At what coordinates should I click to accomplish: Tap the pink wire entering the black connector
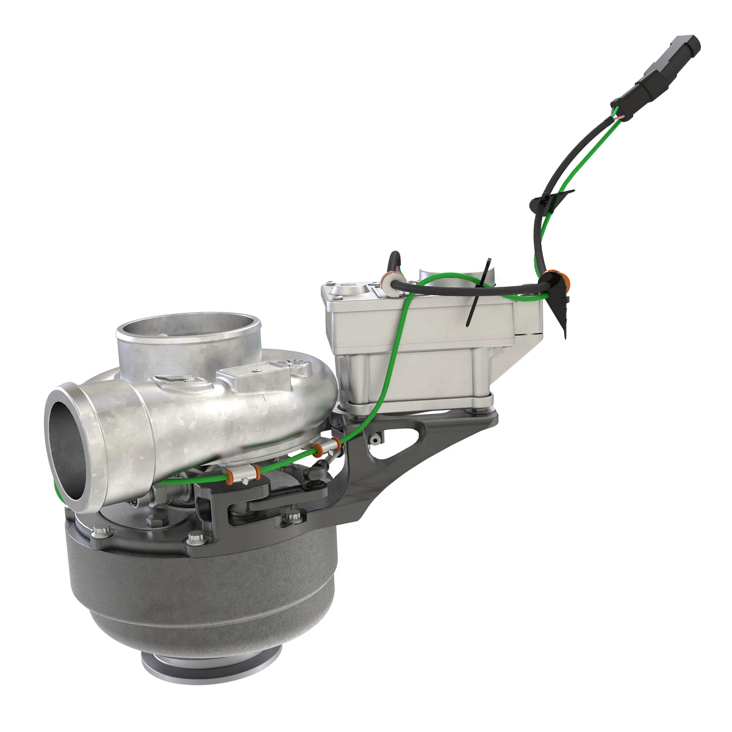(x=619, y=115)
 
